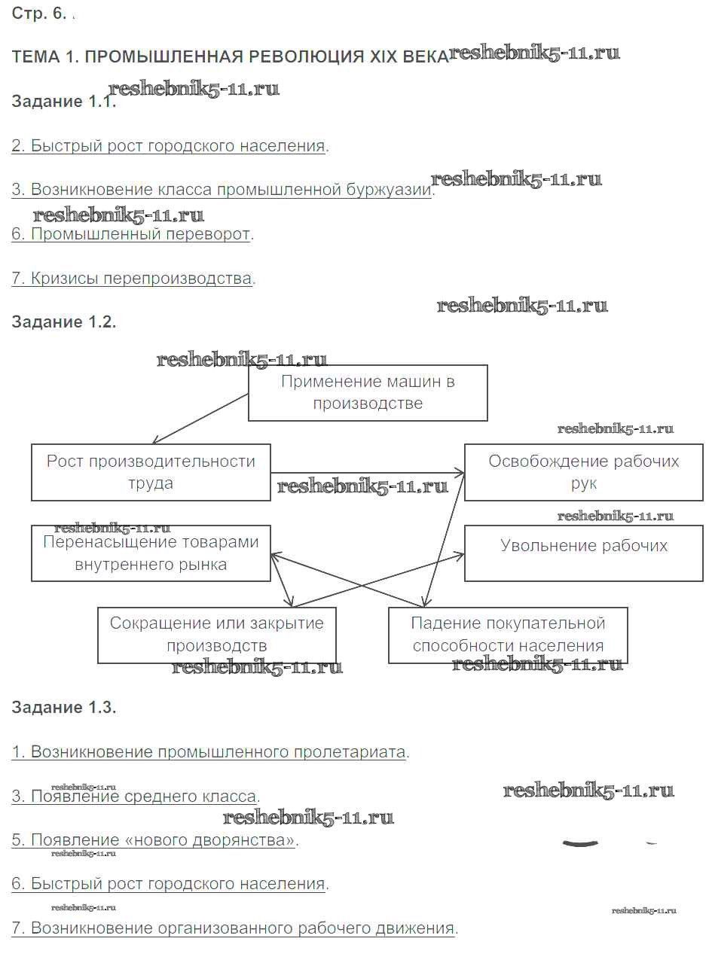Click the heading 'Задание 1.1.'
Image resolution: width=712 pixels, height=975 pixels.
click(63, 102)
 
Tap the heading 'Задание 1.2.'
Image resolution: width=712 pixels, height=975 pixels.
click(63, 322)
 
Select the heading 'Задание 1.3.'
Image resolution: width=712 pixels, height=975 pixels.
click(63, 708)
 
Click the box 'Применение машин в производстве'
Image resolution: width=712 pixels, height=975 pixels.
click(368, 392)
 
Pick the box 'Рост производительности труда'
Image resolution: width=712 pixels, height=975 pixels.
click(151, 472)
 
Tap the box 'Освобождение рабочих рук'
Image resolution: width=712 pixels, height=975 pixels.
click(583, 472)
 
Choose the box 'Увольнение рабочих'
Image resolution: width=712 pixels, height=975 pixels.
click(583, 553)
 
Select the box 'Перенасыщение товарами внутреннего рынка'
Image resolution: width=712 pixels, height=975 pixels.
click(151, 553)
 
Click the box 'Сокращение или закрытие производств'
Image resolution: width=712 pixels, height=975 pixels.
click(216, 635)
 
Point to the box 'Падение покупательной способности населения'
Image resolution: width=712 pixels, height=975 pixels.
click(508, 635)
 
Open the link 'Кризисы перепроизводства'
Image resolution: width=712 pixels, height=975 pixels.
click(133, 279)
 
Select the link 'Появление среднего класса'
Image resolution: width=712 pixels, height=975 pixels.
click(135, 797)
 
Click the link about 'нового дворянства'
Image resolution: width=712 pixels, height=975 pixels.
click(154, 840)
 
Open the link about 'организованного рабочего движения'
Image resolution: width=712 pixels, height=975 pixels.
click(234, 928)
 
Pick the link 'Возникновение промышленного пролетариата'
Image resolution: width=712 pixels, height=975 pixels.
click(209, 752)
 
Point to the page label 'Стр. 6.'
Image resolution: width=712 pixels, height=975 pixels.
click(39, 14)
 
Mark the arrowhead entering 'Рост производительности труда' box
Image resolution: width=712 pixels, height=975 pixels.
click(155, 442)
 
